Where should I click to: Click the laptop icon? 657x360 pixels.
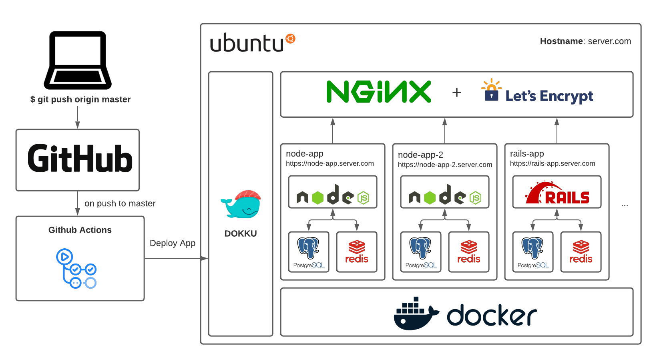click(x=78, y=60)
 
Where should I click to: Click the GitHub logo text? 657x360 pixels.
click(x=80, y=159)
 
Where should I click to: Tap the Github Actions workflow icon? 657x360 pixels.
click(x=76, y=268)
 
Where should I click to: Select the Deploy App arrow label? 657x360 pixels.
click(x=173, y=243)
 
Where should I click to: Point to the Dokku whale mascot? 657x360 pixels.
click(x=241, y=205)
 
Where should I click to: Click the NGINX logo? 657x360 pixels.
click(x=378, y=92)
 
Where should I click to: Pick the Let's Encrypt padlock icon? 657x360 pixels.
click(x=491, y=90)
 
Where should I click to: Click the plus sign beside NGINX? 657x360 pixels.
click(x=456, y=93)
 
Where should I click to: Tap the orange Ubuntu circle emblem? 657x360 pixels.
click(x=290, y=38)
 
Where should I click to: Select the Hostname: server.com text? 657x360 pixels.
click(x=585, y=41)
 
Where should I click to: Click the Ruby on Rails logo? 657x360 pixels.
click(x=557, y=193)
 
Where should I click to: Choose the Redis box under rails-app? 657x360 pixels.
click(x=581, y=252)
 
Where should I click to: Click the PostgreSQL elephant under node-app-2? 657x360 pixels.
click(x=420, y=248)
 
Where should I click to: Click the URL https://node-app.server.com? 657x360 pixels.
click(x=330, y=163)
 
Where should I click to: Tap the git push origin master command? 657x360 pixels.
click(x=80, y=99)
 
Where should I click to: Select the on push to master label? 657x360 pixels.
click(x=120, y=203)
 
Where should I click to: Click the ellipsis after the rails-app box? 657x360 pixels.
click(x=625, y=205)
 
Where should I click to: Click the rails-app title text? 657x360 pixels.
click(x=526, y=154)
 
